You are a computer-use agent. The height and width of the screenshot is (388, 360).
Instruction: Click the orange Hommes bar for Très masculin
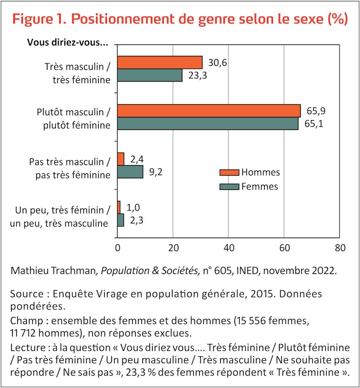tap(159, 62)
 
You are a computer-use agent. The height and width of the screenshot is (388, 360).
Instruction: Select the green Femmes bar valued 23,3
tap(149, 75)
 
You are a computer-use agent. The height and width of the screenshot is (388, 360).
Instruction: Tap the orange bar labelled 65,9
tap(209, 111)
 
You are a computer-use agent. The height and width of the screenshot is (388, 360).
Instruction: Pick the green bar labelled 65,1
tap(208, 124)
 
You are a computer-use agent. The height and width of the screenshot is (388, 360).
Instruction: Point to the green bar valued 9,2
tap(130, 172)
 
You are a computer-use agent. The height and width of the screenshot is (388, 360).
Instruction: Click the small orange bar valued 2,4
tap(120, 159)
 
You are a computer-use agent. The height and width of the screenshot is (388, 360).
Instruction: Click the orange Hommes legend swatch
tap(229, 173)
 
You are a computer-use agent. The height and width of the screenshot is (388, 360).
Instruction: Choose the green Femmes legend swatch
tap(229, 187)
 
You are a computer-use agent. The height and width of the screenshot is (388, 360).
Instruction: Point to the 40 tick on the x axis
tap(229, 248)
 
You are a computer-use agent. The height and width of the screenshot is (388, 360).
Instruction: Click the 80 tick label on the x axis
tap(339, 248)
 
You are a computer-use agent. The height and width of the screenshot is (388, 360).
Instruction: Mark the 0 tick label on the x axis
tap(117, 248)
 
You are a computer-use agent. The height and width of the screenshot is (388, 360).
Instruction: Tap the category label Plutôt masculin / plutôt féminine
tap(74, 119)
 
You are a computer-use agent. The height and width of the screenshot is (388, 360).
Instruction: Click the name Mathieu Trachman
tap(53, 271)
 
